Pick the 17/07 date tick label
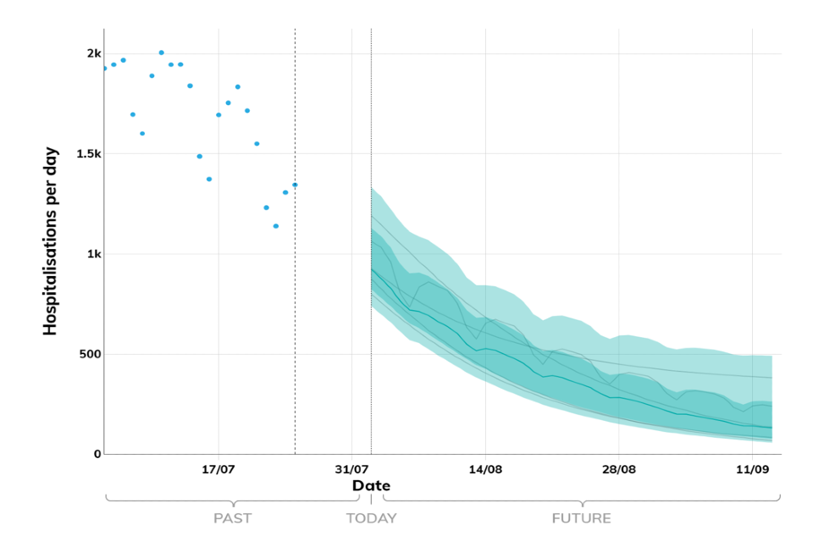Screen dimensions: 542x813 tap(218, 468)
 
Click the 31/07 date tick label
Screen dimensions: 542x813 tap(351, 468)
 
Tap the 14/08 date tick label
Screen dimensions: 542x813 tap(485, 468)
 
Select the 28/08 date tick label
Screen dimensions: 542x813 tap(618, 468)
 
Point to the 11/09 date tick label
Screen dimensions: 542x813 tap(752, 468)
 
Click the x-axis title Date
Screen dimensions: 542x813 tap(371, 485)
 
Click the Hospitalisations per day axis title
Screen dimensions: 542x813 tap(51, 253)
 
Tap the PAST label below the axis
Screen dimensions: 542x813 tap(232, 518)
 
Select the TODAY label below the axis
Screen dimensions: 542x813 tap(371, 518)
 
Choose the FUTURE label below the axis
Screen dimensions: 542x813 tap(581, 518)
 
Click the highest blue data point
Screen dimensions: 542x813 tap(161, 53)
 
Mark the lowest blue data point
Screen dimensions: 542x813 tap(276, 226)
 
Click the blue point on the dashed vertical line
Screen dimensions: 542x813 tap(295, 185)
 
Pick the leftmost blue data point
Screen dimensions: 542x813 tap(104, 68)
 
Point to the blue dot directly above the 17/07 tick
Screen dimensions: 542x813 tap(218, 114)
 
